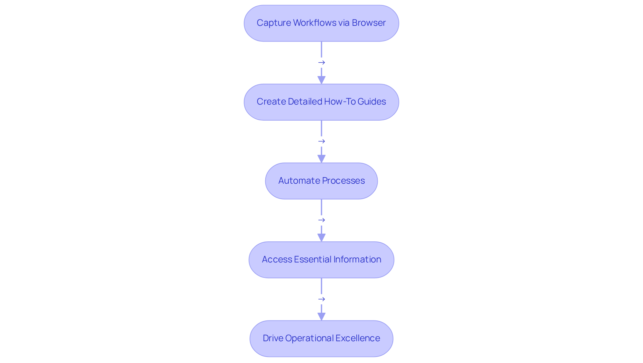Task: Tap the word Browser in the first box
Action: (x=369, y=23)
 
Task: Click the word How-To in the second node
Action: (x=339, y=102)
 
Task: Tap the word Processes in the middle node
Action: (x=343, y=181)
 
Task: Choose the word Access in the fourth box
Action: (x=277, y=259)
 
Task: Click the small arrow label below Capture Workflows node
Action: (x=321, y=63)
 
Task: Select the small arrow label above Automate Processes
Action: (x=321, y=141)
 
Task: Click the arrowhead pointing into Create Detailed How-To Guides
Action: (x=321, y=80)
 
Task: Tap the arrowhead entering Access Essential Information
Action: (x=321, y=238)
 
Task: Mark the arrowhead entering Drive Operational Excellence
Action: (x=321, y=316)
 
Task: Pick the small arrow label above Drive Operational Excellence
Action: (x=321, y=299)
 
